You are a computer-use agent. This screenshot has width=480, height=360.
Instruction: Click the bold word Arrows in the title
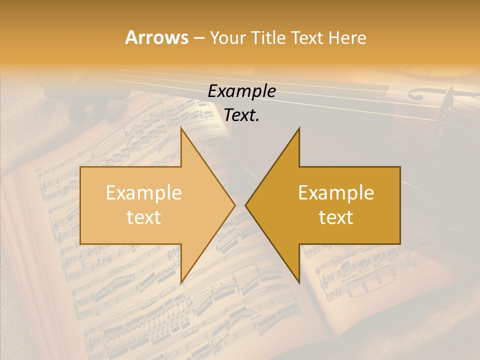(156, 37)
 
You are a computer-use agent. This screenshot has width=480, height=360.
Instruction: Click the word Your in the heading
(227, 38)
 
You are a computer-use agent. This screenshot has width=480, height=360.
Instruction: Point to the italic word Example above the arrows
(242, 91)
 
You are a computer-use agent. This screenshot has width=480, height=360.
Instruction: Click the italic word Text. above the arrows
(240, 115)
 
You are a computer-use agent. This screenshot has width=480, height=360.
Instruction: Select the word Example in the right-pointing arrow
(144, 193)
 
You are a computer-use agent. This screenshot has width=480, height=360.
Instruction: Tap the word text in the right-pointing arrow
(144, 217)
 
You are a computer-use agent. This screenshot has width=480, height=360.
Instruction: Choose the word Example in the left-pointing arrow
(336, 193)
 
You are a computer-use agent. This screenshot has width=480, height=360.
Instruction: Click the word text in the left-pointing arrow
(336, 217)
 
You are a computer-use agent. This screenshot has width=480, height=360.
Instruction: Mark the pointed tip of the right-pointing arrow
(235, 205)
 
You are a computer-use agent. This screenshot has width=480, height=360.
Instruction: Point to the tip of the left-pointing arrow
(245, 205)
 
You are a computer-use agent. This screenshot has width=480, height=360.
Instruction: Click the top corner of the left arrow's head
(299, 128)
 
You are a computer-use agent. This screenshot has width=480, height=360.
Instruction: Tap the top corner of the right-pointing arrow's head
(181, 128)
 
